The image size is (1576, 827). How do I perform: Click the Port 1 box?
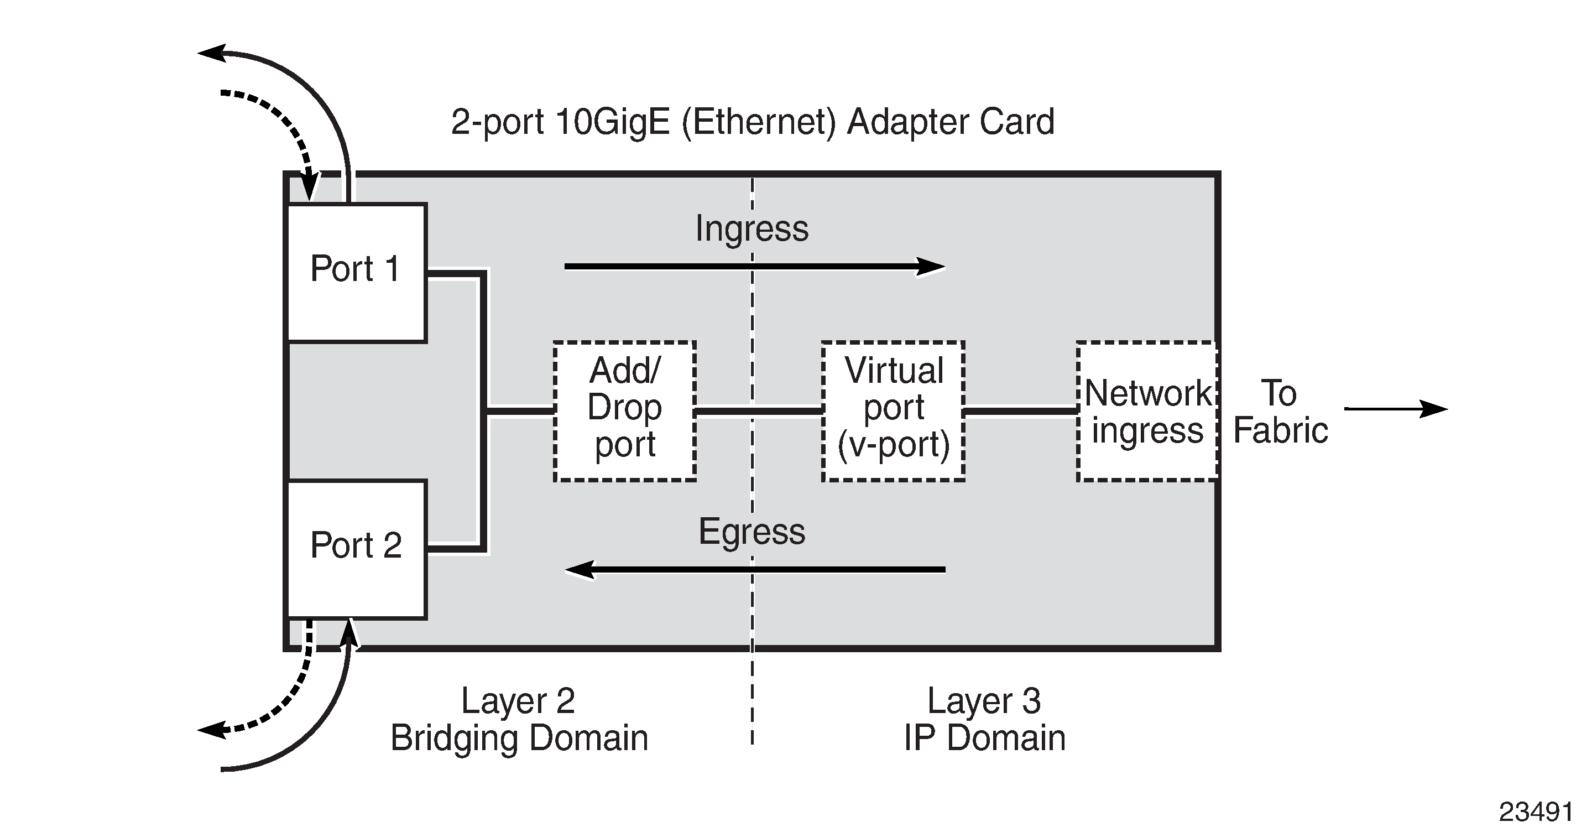click(356, 272)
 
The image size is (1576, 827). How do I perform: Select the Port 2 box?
click(356, 549)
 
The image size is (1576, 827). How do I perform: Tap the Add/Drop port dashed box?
click(625, 411)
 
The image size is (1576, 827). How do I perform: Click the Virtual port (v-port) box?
click(893, 411)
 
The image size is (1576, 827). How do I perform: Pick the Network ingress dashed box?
click(1146, 411)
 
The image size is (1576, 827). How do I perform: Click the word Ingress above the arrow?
click(752, 229)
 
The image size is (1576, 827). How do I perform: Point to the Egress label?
click(752, 532)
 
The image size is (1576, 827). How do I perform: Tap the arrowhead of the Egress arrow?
click(580, 569)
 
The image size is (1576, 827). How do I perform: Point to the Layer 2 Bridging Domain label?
click(519, 719)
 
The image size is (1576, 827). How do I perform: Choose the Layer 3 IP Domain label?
click(984, 719)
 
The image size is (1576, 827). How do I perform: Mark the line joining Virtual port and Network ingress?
click(1020, 411)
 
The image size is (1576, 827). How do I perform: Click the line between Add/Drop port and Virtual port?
click(759, 411)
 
